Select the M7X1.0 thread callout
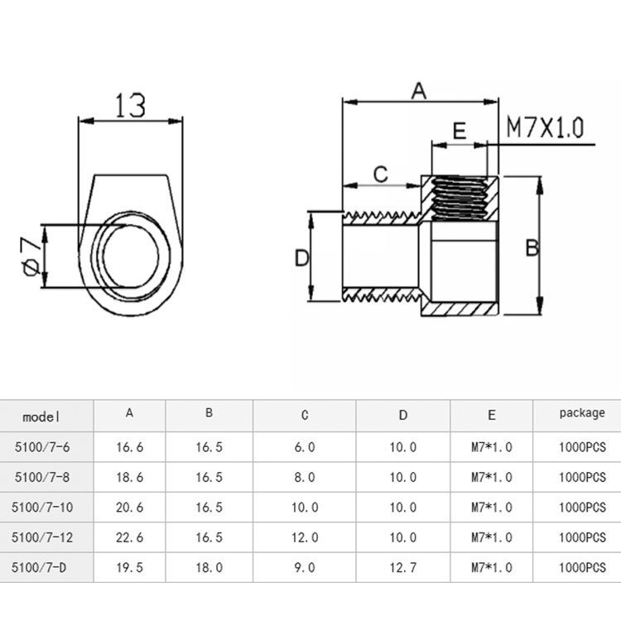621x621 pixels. [x=545, y=128]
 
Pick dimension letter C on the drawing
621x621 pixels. [x=380, y=175]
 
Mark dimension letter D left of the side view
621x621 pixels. [x=302, y=258]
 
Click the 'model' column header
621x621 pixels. [x=42, y=416]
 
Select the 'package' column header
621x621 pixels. [x=582, y=412]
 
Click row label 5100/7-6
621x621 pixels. [x=42, y=447]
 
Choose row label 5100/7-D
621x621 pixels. [x=42, y=568]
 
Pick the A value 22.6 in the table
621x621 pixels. [x=129, y=537]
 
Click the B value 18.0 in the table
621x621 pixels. [x=209, y=568]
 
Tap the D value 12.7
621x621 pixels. [x=402, y=568]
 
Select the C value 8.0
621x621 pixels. [x=305, y=477]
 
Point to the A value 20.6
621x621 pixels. [x=129, y=507]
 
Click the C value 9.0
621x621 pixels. [x=305, y=568]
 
